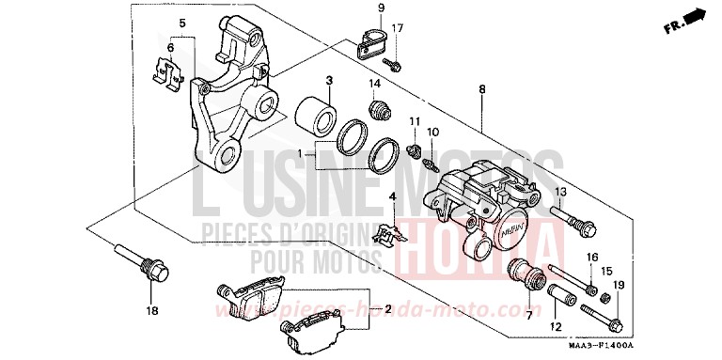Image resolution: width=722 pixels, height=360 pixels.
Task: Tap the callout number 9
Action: pyautogui.click(x=381, y=8)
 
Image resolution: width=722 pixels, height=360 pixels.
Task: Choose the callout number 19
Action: pyautogui.click(x=619, y=285)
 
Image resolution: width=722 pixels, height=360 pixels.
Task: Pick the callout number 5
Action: pyautogui.click(x=182, y=22)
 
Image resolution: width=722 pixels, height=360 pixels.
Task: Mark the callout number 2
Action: pyautogui.click(x=385, y=308)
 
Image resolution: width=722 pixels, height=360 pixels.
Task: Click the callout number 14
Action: pyautogui.click(x=376, y=83)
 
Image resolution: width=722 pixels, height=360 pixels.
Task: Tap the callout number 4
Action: pyautogui.click(x=392, y=196)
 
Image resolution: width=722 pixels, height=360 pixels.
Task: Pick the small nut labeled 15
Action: pyautogui.click(x=607, y=298)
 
